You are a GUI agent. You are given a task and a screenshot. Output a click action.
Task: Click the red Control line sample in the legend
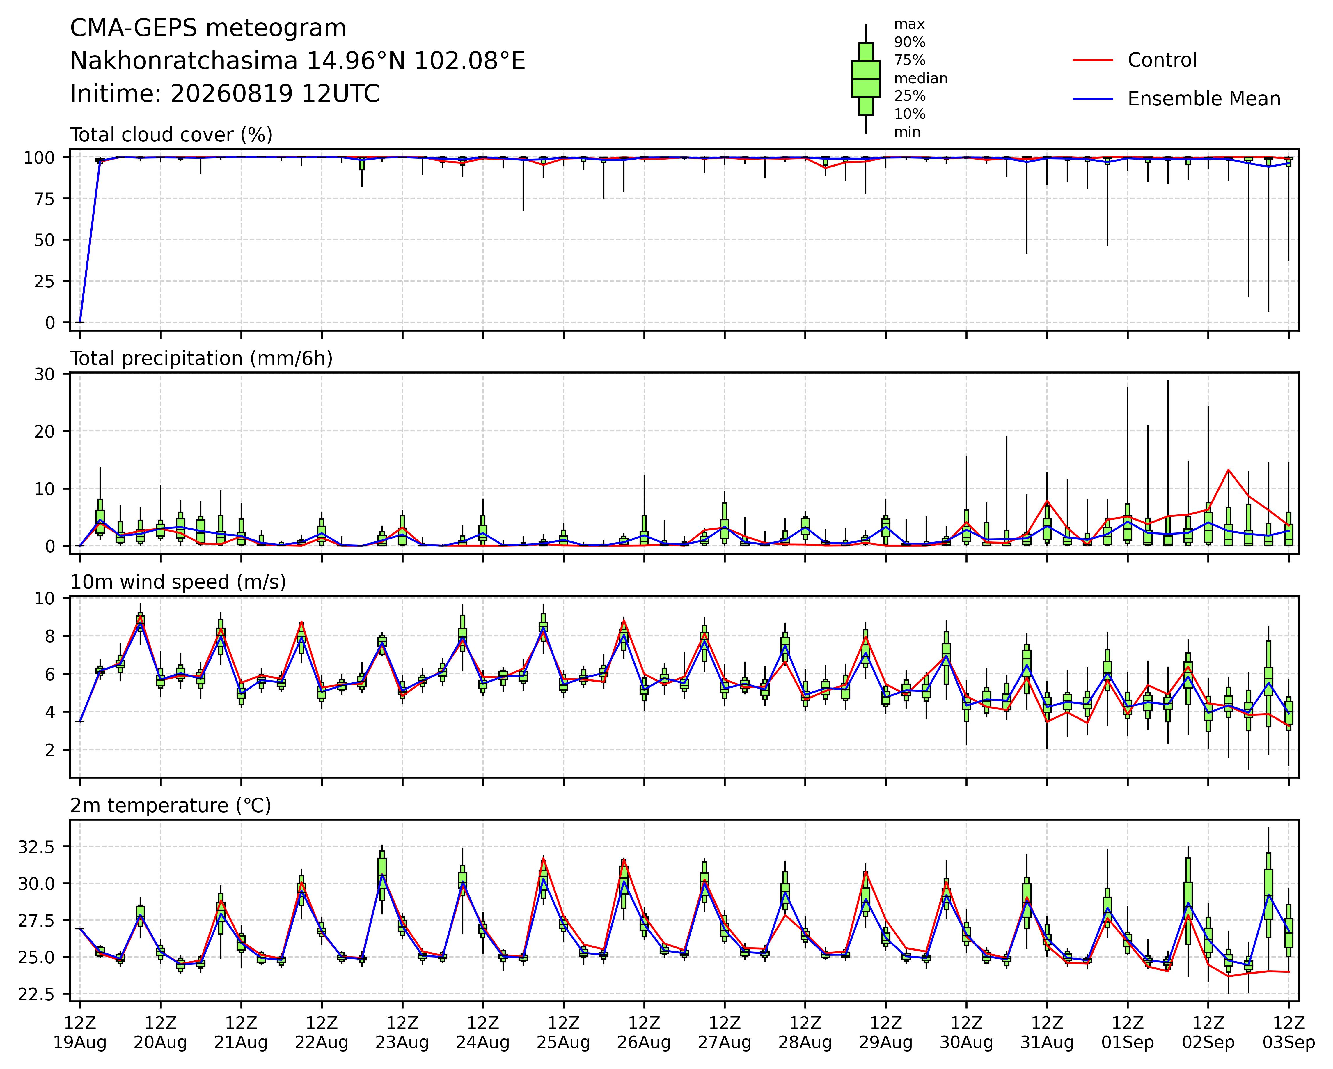click(1092, 60)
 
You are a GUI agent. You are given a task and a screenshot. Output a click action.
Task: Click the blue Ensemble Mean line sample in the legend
click(1092, 99)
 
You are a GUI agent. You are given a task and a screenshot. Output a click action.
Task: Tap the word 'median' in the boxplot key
click(921, 79)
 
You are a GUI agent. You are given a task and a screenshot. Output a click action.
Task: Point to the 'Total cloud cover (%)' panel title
click(171, 135)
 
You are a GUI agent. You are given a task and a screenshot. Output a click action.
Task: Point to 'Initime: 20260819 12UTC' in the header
click(225, 94)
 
